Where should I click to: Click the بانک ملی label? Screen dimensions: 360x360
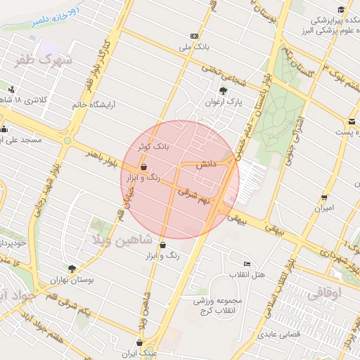click(x=194, y=47)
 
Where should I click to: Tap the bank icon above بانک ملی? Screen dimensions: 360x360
click(x=194, y=36)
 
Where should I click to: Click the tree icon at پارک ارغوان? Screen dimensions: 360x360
click(x=224, y=90)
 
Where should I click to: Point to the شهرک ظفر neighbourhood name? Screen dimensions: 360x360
click(x=44, y=60)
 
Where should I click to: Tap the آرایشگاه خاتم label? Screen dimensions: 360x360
click(x=94, y=105)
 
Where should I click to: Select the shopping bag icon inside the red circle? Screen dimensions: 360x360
click(x=143, y=167)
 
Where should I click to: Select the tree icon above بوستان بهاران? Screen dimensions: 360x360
click(x=72, y=268)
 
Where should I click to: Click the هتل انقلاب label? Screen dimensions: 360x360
click(x=249, y=274)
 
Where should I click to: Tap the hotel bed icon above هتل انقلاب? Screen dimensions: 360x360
click(x=246, y=263)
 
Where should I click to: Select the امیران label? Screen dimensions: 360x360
click(x=325, y=209)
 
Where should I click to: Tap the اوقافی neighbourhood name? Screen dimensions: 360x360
click(x=321, y=293)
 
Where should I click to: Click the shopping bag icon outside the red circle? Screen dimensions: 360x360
click(x=163, y=245)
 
